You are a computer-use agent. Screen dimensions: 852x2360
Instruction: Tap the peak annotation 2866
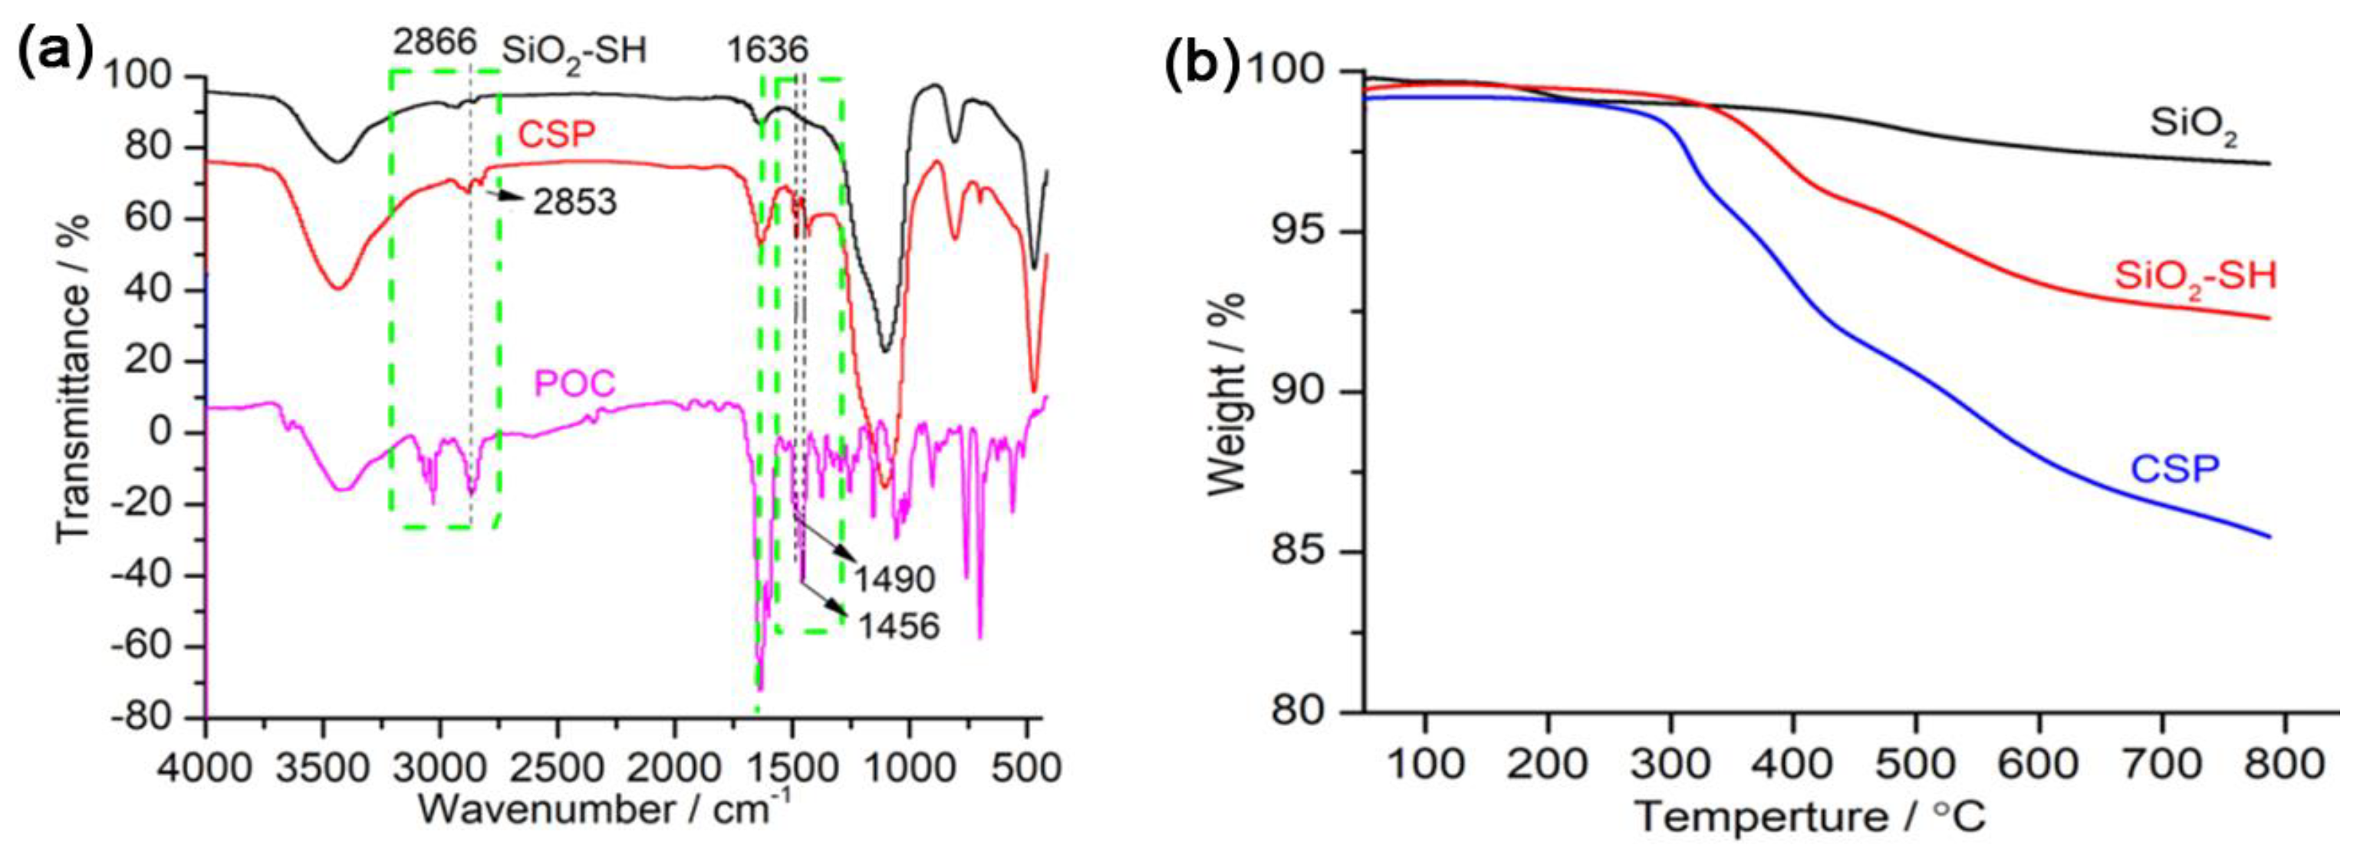(435, 43)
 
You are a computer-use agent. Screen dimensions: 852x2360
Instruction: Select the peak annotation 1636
(768, 50)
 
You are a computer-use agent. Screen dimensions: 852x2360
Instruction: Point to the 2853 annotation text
(575, 202)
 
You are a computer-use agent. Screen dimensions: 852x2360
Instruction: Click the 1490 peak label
(895, 580)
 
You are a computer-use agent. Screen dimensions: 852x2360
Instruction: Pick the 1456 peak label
(899, 627)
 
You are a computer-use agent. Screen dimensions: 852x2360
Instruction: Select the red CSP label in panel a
(557, 136)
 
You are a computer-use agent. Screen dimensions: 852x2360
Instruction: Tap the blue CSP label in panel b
(2176, 471)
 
